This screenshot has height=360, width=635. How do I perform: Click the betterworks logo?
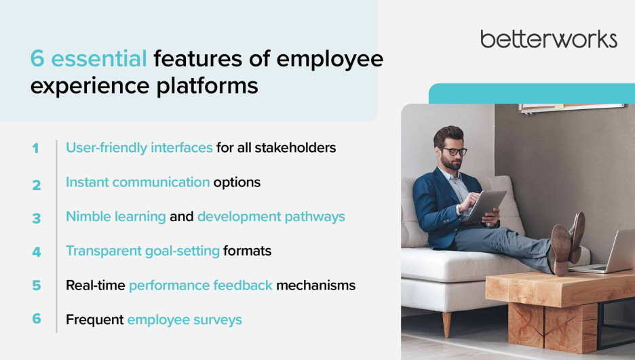pos(549,39)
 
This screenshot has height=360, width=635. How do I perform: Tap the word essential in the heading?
pos(99,58)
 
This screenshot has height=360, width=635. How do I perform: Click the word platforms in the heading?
pos(207,87)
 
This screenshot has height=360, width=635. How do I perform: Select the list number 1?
pos(36,148)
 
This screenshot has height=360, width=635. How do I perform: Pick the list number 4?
pos(37,252)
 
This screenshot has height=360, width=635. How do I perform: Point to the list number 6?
pos(37,319)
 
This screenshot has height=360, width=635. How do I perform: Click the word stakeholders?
pos(295,148)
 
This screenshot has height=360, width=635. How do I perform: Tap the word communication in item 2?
pos(161,182)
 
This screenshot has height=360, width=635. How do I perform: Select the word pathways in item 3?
pos(315,217)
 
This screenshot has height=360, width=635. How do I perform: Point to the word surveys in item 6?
pos(218,320)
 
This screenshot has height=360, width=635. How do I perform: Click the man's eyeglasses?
pos(455,151)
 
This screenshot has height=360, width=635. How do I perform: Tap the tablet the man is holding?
pos(485,206)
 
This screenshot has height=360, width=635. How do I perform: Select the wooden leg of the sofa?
pos(446,324)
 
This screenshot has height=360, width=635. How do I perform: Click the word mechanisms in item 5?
pos(316,285)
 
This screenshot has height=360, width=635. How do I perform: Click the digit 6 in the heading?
pos(37,58)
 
